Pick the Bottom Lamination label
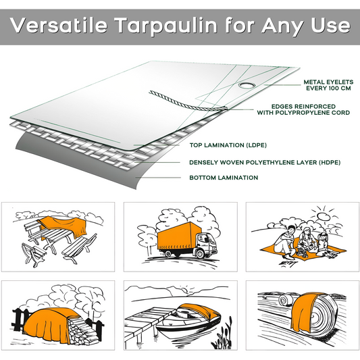click(223, 178)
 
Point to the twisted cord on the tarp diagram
click(176, 102)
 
